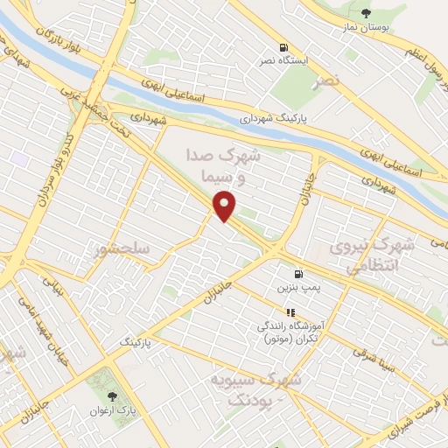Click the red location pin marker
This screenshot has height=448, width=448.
(225, 207)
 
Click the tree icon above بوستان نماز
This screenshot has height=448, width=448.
(366, 12)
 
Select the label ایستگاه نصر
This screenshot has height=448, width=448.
(282, 61)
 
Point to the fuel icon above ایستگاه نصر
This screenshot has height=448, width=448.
(282, 47)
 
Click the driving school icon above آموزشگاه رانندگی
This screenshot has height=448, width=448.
(290, 311)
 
